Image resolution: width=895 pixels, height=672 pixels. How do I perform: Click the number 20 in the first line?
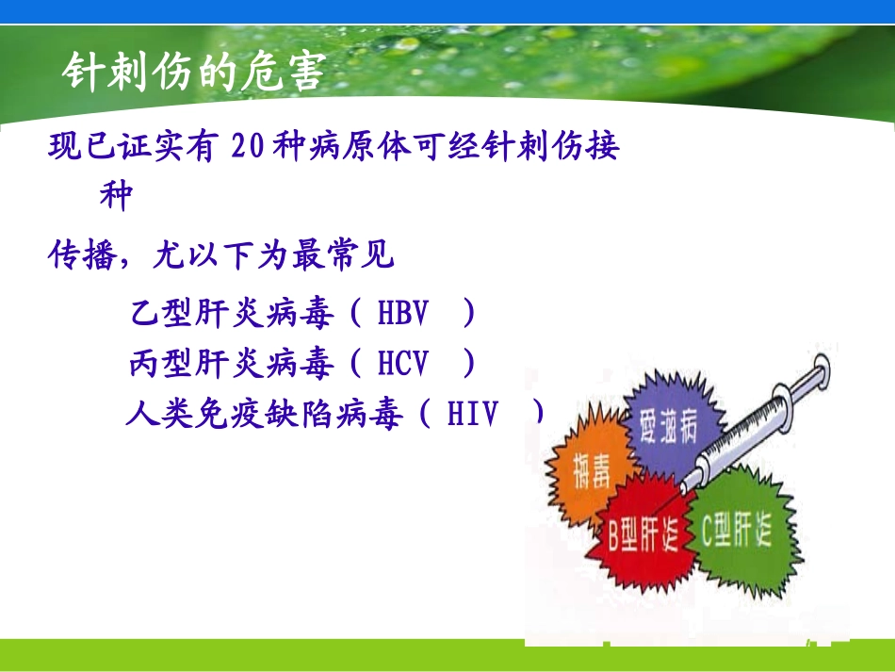click(249, 148)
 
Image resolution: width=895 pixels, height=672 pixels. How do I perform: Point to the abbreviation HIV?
click(472, 415)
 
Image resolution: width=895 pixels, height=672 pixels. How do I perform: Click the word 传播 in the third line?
click(82, 256)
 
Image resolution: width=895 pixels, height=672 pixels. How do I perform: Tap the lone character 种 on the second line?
click(116, 197)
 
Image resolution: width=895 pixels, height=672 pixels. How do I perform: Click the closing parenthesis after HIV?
click(538, 415)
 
